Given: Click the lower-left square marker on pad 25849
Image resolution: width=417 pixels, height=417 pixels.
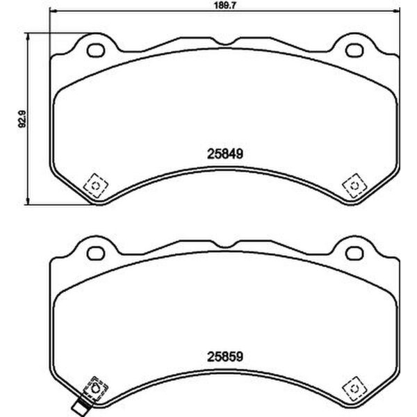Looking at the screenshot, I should click(x=93, y=186).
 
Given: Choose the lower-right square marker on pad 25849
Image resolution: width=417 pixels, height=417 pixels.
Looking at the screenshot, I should click(x=352, y=185).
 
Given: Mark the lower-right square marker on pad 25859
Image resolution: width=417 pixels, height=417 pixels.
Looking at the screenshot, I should click(x=352, y=390).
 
